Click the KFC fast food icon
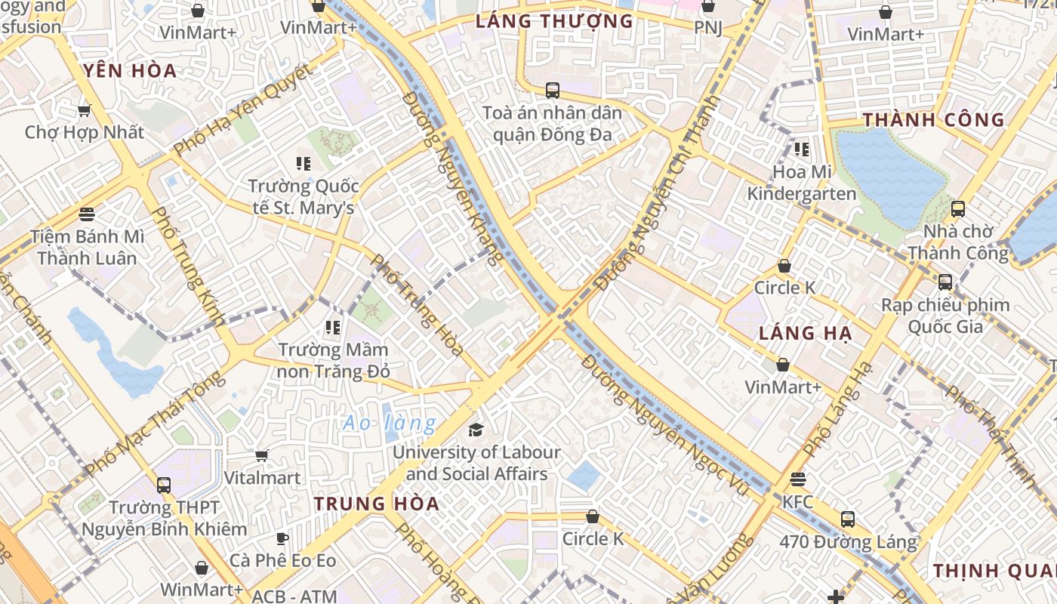pyautogui.click(x=797, y=479)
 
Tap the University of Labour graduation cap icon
pyautogui.click(x=476, y=430)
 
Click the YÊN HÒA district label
pyautogui.click(x=130, y=71)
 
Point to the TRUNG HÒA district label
pyautogui.click(x=376, y=504)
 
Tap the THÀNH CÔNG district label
pyautogui.click(x=933, y=120)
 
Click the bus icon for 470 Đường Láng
pyautogui.click(x=848, y=519)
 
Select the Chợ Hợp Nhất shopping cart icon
pyautogui.click(x=84, y=110)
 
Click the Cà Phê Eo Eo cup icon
pyautogui.click(x=282, y=538)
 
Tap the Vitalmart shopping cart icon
pyautogui.click(x=261, y=455)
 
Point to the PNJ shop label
pyautogui.click(x=708, y=28)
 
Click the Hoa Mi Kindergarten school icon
pyautogui.click(x=802, y=149)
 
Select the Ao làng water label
pyautogui.click(x=390, y=424)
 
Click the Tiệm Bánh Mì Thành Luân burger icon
pyautogui.click(x=87, y=214)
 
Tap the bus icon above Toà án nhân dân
pyautogui.click(x=553, y=91)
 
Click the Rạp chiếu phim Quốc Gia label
pyautogui.click(x=945, y=316)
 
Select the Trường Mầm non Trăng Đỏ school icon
pyautogui.click(x=333, y=328)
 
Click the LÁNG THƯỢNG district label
pyautogui.click(x=554, y=21)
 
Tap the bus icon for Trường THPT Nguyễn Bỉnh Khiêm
pyautogui.click(x=164, y=485)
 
